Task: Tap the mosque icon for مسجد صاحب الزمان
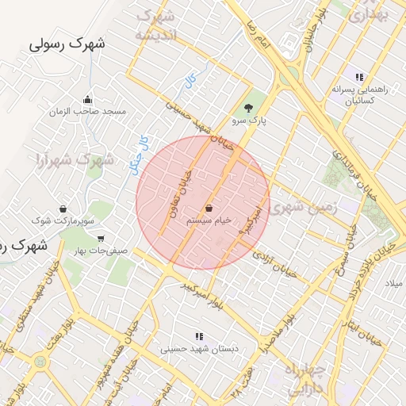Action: coord(87,100)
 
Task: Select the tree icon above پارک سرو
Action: coord(249,108)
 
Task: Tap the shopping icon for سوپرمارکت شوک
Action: coord(62,209)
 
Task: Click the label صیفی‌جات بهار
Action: coord(101,251)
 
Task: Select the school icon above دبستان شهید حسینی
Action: coord(199,335)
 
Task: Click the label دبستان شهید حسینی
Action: coord(199,348)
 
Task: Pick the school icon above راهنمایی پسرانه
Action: coord(359,78)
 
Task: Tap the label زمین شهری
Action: coord(304,208)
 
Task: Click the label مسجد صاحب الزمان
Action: coord(87,113)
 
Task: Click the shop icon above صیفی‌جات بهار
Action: coord(101,238)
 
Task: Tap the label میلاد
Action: coord(394,283)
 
